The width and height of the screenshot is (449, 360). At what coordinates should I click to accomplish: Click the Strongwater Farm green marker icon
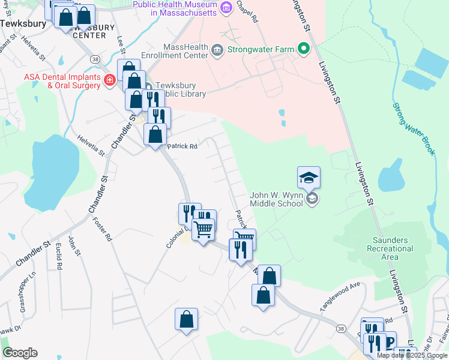click(304, 49)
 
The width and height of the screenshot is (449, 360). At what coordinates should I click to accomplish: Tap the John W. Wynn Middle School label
click(276, 199)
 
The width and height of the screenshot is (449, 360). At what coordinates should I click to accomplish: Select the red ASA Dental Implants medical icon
click(110, 80)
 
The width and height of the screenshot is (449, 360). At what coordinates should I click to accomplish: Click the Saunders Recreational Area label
click(390, 248)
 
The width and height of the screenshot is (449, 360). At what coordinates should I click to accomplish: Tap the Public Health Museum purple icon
click(226, 8)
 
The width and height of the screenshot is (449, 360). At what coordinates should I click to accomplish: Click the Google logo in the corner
click(20, 353)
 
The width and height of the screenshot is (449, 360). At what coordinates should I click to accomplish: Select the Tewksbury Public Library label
click(180, 89)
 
